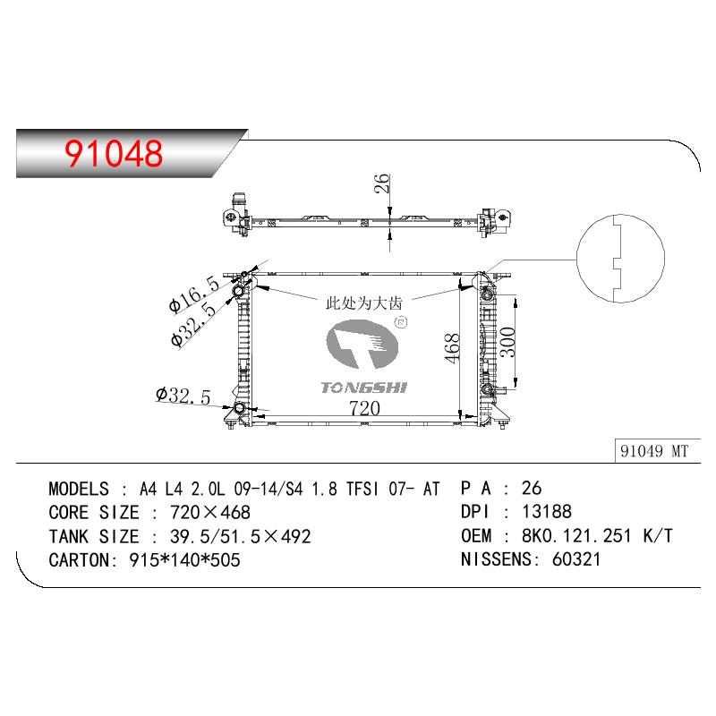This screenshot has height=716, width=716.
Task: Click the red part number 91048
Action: pos(114,153)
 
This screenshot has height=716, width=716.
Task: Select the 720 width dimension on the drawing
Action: pos(364,408)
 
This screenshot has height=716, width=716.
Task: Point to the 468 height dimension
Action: pos(452,348)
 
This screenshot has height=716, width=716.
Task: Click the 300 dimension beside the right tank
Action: pos(507,343)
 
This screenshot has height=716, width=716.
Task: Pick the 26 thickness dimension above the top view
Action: pos(382,183)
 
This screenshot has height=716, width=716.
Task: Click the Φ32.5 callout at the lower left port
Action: pos(183,395)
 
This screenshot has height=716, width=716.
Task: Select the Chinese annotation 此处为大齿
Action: pos(364,303)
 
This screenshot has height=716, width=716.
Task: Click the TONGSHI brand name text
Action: pos(364,388)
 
